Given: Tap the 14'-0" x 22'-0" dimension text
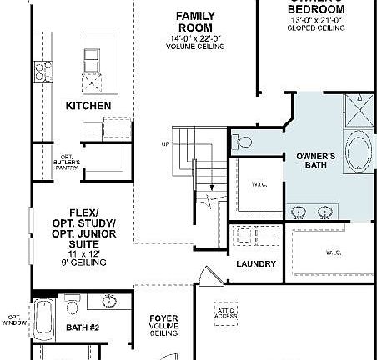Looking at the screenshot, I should [195, 37].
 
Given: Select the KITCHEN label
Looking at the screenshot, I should [88, 106].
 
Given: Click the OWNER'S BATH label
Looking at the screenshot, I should [316, 162].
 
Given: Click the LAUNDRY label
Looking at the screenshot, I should [256, 263].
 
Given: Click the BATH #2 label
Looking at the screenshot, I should [83, 328].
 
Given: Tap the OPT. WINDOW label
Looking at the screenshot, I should [15, 320].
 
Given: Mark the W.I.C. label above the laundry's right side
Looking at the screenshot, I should [334, 252].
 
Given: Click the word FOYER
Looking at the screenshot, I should [163, 317].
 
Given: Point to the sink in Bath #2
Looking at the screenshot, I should [108, 301].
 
